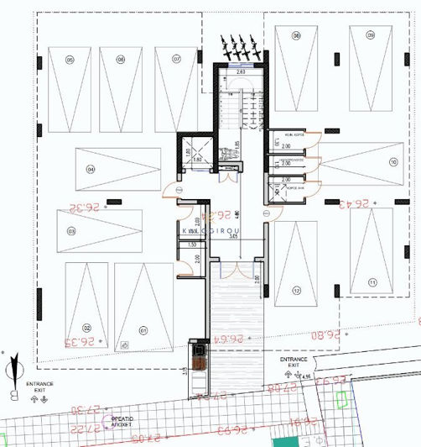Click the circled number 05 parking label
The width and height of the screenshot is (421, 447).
pos(70,60)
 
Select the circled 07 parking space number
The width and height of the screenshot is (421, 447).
pos(178,59)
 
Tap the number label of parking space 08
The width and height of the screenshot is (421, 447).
pos(297,35)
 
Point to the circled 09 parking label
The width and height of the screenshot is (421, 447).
pos(370,35)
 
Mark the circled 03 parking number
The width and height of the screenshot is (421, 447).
pos(71,231)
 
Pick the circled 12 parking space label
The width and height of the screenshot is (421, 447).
pos(297,291)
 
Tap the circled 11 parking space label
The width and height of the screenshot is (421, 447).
pos(372,284)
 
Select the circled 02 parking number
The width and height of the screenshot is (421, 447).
pos(86,329)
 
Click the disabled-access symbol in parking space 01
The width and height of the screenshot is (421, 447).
pos(123,344)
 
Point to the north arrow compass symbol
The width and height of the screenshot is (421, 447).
pos(13,371)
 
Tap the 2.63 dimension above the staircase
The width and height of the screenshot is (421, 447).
pos(241,73)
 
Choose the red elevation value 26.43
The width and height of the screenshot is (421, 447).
pos(353,202)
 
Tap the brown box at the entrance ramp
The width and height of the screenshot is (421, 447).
pos(198,358)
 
